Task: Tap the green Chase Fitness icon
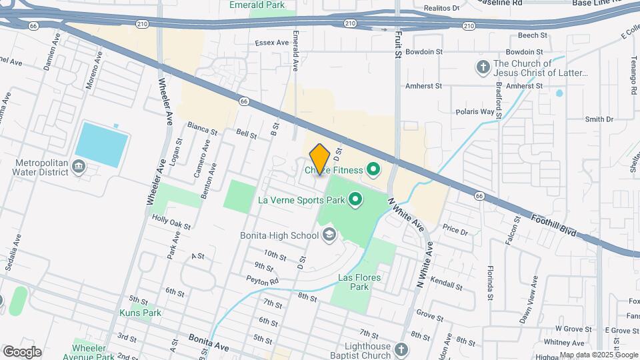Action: point(372,171)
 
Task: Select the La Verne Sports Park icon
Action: point(355,199)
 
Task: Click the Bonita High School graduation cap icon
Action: point(329,235)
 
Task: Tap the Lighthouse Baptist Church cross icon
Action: point(401,349)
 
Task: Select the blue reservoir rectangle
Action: point(101,145)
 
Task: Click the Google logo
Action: point(21,351)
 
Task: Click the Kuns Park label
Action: point(140,312)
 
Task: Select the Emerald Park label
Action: point(253,4)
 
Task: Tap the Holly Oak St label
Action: point(171,222)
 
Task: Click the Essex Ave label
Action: point(271,43)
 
